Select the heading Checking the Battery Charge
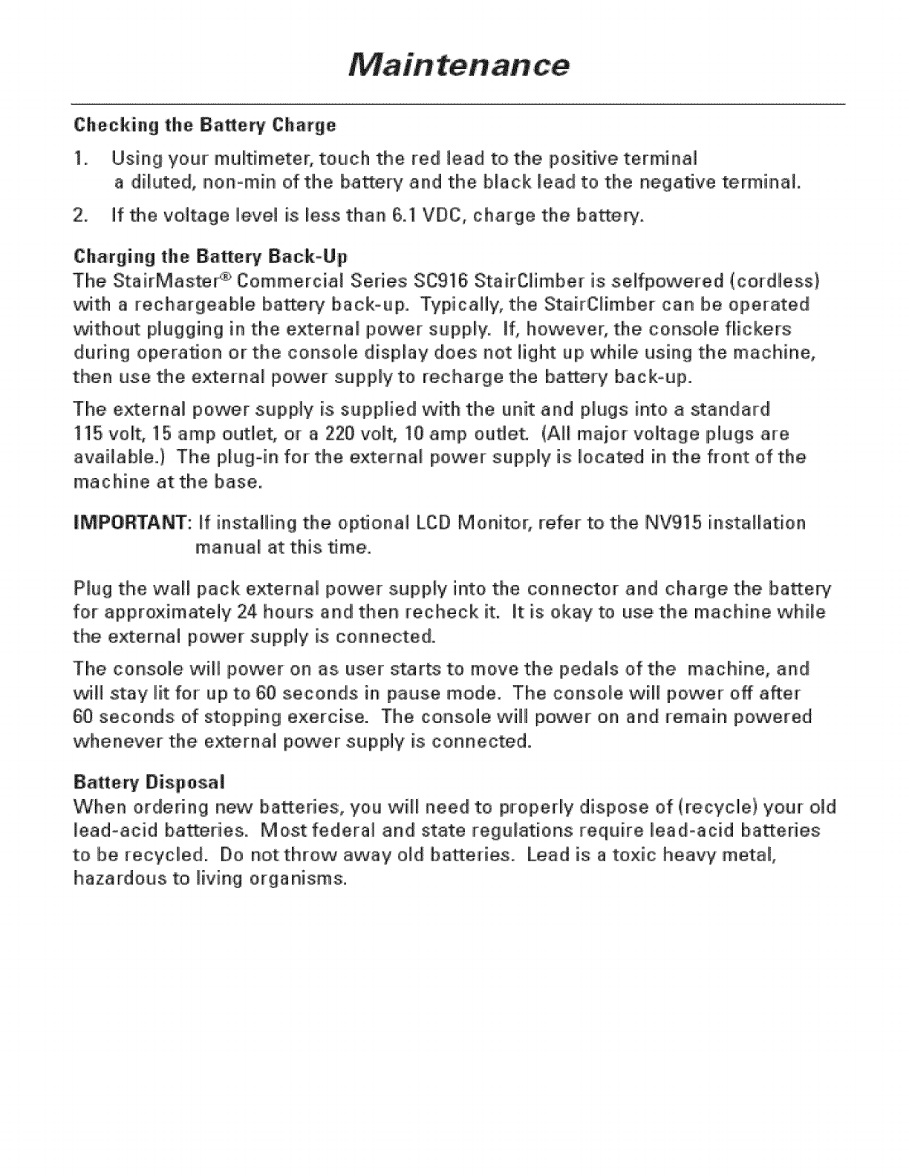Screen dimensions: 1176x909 (205, 125)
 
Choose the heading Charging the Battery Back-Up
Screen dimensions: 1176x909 (210, 257)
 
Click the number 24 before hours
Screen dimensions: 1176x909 (251, 613)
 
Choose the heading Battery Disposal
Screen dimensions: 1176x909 (149, 783)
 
